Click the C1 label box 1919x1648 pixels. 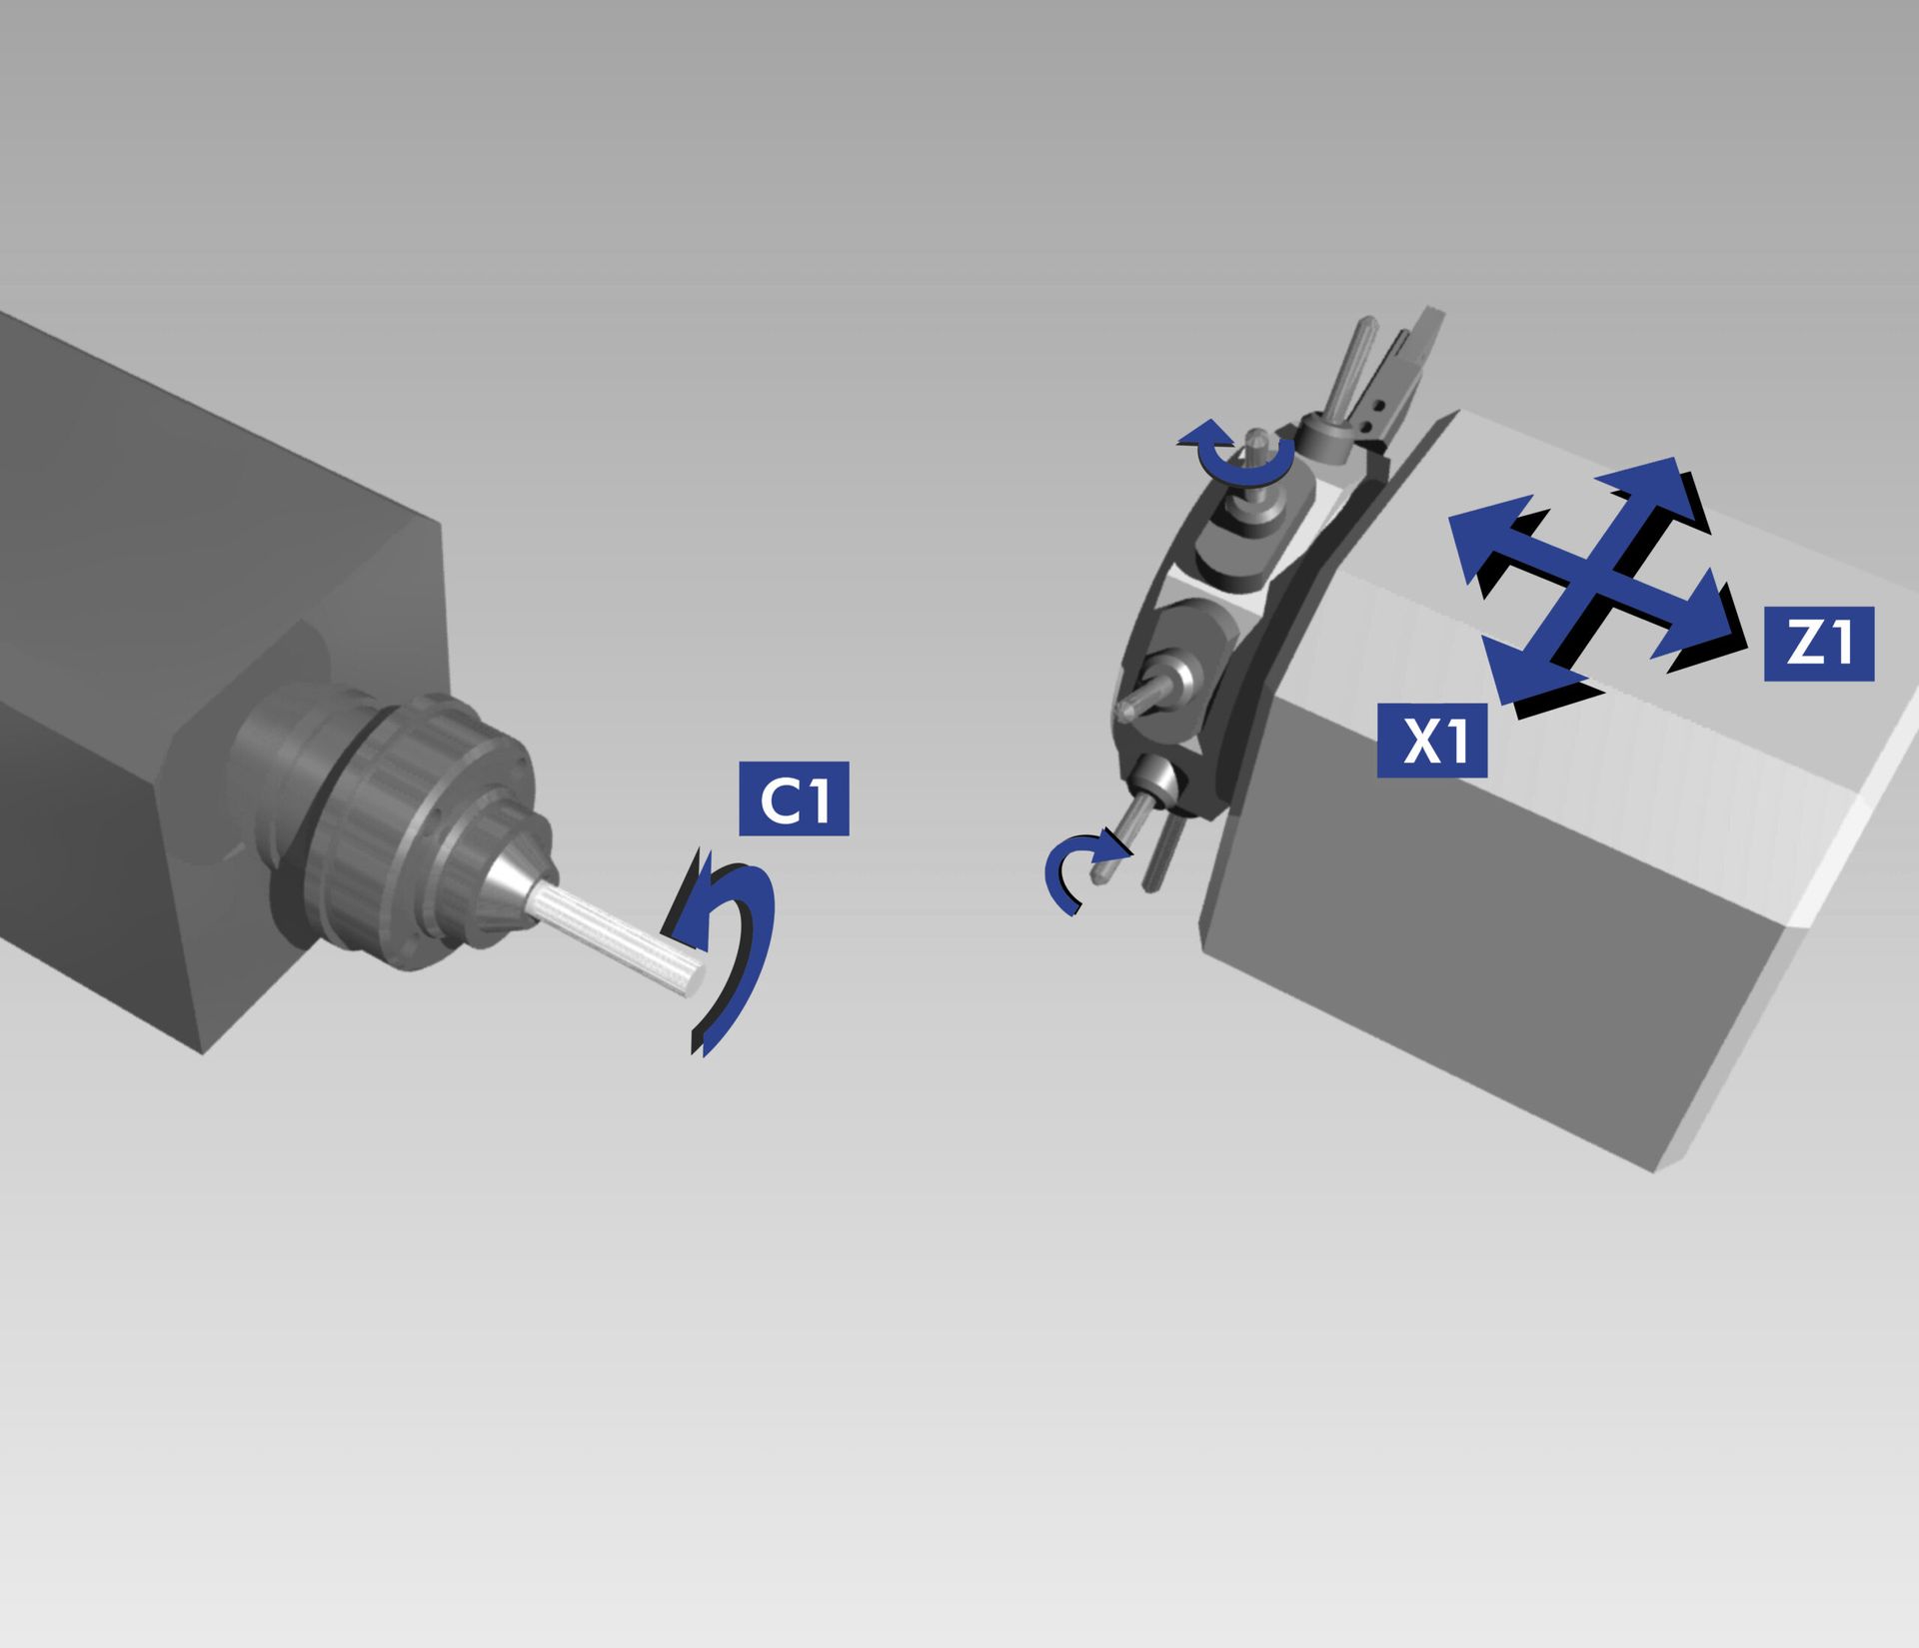tap(794, 799)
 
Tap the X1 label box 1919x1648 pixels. tap(1431, 741)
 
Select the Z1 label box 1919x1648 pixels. tap(1818, 644)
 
